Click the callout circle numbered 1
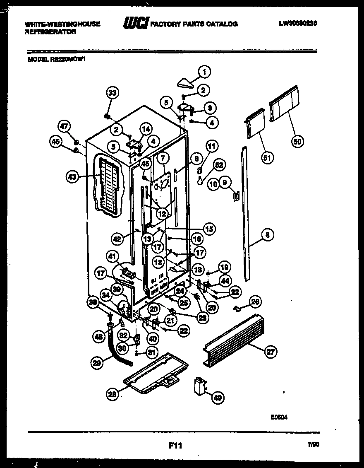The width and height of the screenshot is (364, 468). pyautogui.click(x=204, y=72)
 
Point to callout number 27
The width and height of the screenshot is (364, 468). pyautogui.click(x=271, y=352)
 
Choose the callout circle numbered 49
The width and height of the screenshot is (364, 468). pyautogui.click(x=217, y=398)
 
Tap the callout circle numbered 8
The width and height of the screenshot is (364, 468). pyautogui.click(x=268, y=235)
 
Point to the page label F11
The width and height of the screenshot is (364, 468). pyautogui.click(x=175, y=446)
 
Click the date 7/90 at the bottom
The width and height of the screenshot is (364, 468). pyautogui.click(x=314, y=444)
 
